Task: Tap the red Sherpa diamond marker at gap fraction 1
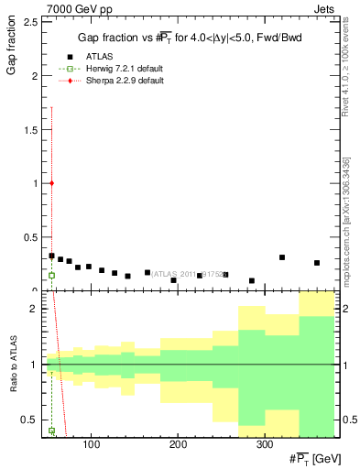pyautogui.click(x=52, y=183)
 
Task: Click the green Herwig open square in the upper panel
pyautogui.click(x=52, y=275)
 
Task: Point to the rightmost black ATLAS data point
pyautogui.click(x=317, y=263)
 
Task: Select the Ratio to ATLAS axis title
pyautogui.click(x=13, y=365)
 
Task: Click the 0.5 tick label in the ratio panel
pyautogui.click(x=30, y=420)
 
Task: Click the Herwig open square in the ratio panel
pyautogui.click(x=52, y=431)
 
